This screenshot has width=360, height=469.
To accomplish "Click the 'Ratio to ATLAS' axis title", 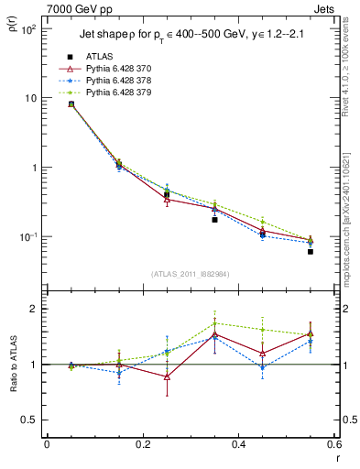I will point(12,365).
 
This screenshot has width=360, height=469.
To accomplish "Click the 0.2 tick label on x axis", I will point(142,444).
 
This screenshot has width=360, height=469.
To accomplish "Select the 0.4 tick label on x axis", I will point(238,444).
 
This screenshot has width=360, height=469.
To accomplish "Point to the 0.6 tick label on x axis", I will point(333,444).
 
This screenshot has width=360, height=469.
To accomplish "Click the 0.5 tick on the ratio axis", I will point(31,420).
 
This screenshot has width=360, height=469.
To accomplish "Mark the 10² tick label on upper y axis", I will point(29,29).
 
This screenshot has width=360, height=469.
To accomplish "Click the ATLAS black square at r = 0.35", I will point(214,220).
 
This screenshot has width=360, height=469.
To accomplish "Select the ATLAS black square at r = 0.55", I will point(311,251).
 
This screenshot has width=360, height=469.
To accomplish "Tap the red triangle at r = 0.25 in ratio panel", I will point(167,376).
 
